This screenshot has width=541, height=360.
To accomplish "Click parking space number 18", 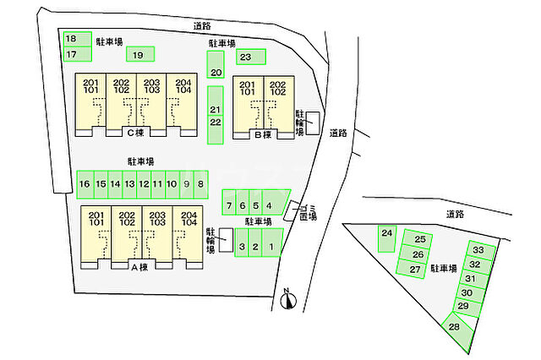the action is click(77, 39).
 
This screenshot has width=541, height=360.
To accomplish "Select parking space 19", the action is click(140, 54).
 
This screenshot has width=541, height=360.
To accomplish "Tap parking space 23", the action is click(251, 57).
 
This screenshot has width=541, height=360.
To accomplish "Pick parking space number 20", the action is click(216, 64).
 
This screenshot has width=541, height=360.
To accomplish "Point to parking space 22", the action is click(216, 129).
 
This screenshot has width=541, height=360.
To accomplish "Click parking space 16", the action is click(85, 184).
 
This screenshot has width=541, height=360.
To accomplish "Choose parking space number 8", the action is click(201, 184).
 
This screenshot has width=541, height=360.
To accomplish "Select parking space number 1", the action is click(272, 243).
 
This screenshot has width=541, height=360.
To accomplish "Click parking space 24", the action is click(387, 238).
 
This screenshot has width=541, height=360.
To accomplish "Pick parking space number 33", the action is click(482, 250).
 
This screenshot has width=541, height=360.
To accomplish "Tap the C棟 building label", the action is click(135, 133).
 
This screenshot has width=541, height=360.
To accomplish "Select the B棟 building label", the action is click(263, 134).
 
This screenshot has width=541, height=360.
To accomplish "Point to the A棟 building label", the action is click(139, 266).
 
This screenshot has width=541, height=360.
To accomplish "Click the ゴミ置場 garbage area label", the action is click(308, 212).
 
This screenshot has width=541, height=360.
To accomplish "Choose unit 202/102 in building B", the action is click(279, 103).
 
